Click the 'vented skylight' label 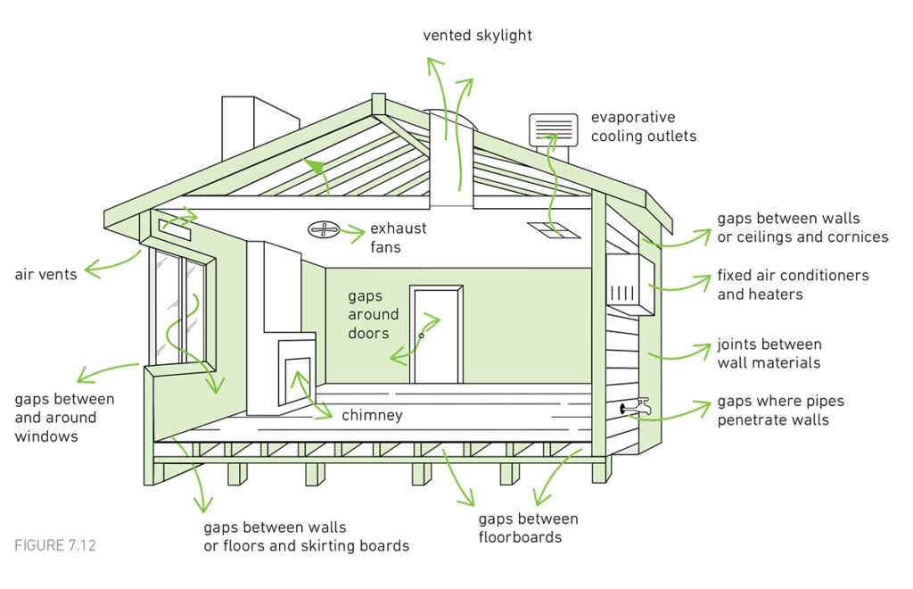pos(477,36)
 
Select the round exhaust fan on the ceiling pos(323,229)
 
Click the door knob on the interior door pos(422,336)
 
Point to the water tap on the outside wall pos(636,406)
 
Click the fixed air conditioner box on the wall pos(630,285)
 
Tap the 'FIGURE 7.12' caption pos(54,546)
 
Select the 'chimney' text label pos(372,415)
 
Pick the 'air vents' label pos(45,274)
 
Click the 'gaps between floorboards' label pos(528,527)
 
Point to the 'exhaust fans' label pos(399,237)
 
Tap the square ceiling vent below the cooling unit pos(553,230)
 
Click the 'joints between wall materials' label pos(769,353)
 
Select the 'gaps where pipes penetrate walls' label pos(780,411)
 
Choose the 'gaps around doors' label pos(374,315)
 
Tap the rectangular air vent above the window pos(174,225)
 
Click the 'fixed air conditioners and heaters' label pos(793,285)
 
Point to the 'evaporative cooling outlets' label pos(644,127)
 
